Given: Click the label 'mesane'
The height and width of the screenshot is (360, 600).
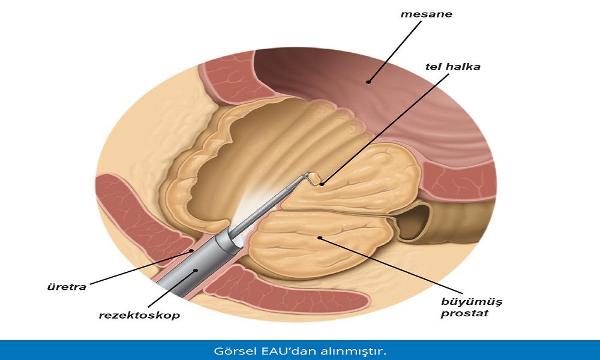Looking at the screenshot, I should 426,14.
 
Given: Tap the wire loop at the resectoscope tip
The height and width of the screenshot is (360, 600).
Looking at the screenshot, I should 313,178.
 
